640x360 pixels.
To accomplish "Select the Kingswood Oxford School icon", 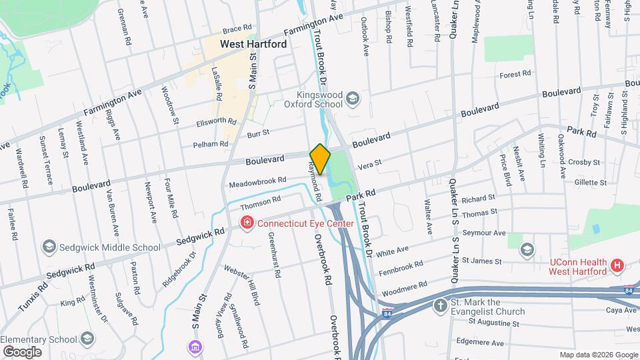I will click(x=353, y=99).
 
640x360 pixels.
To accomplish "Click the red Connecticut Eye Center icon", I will click(x=247, y=223).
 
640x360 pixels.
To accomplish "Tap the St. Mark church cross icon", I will click(x=440, y=306).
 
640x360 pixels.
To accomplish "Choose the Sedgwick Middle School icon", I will click(x=49, y=247).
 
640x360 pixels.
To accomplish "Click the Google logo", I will click(x=22, y=351).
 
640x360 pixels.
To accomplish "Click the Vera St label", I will click(x=369, y=163).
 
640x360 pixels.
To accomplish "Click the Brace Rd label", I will click(x=237, y=29).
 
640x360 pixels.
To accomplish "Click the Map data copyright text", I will click(x=597, y=355).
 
